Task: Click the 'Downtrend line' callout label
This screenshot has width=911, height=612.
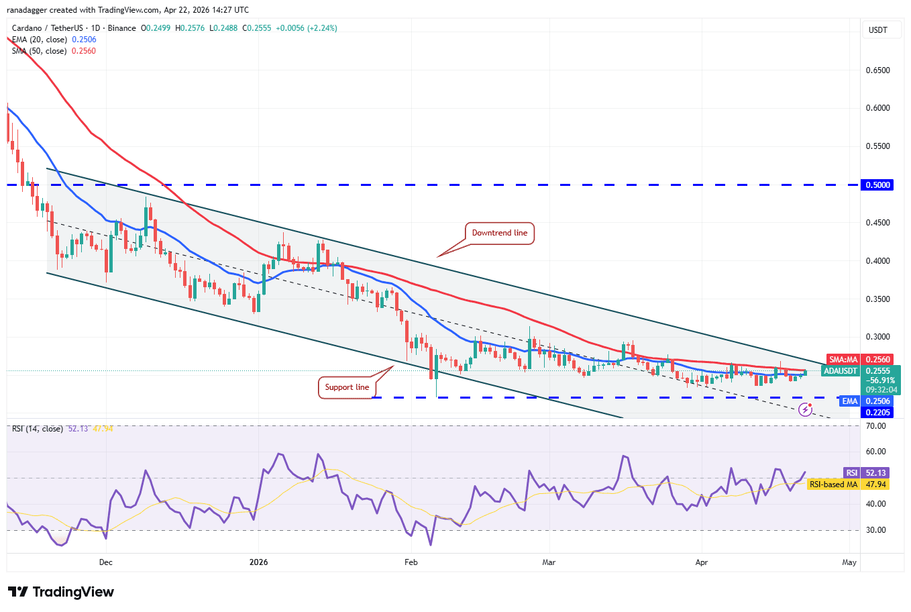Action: click(x=499, y=233)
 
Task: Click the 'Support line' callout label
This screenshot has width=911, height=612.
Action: click(x=347, y=387)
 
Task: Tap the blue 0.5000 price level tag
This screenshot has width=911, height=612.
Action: click(x=877, y=185)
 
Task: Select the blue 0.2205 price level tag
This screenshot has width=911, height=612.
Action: click(x=877, y=413)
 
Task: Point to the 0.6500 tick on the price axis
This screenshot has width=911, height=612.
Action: click(x=877, y=70)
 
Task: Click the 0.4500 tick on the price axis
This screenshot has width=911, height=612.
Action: click(x=877, y=223)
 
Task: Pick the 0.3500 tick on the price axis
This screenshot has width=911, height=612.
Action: click(x=877, y=299)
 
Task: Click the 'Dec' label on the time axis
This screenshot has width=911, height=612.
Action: click(x=105, y=562)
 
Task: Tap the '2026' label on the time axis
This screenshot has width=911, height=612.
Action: click(x=258, y=562)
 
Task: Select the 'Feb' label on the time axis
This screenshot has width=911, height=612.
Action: click(x=411, y=562)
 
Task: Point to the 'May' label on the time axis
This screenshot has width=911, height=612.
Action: click(x=849, y=562)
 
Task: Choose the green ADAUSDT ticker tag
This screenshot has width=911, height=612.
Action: click(x=841, y=371)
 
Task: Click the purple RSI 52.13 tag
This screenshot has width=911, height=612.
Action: click(x=851, y=473)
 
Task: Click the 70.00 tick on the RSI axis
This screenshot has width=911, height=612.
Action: click(x=876, y=426)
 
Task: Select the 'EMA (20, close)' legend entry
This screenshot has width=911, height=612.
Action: click(x=39, y=40)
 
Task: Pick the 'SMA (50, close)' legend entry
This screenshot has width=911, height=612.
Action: click(x=39, y=51)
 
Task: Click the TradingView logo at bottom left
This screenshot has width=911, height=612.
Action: click(x=61, y=592)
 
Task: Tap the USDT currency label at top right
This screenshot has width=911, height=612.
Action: click(x=877, y=30)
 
